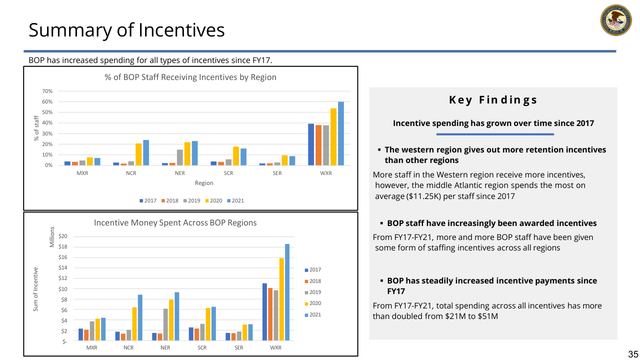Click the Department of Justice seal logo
click(x=616, y=20)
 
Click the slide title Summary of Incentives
click(x=126, y=30)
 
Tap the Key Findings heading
click(x=493, y=100)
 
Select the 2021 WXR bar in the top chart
click(x=341, y=133)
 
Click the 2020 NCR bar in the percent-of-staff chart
click(x=138, y=154)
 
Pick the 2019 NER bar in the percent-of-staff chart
click(x=179, y=157)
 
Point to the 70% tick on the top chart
click(x=47, y=91)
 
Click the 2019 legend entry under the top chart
click(x=191, y=200)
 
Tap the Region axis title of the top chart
click(x=204, y=183)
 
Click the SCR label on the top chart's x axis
click(x=228, y=173)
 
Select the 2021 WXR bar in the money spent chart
click(x=287, y=292)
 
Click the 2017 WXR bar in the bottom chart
click(x=264, y=312)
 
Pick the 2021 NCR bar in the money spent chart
click(x=140, y=317)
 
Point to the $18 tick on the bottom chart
click(x=63, y=246)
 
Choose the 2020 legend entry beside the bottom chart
click(x=313, y=303)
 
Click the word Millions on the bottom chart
click(x=52, y=237)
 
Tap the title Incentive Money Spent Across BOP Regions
click(x=175, y=223)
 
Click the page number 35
click(x=633, y=354)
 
